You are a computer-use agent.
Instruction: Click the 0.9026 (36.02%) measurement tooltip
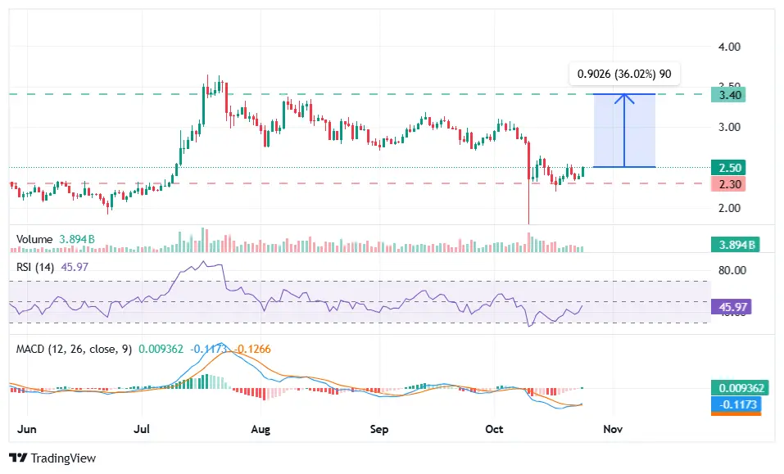[624, 74]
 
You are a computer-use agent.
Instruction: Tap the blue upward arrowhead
[624, 98]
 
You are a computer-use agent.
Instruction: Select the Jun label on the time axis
[26, 429]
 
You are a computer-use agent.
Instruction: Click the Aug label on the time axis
[261, 429]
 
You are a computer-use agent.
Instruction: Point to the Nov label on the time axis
[613, 429]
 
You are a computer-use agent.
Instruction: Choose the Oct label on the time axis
[494, 429]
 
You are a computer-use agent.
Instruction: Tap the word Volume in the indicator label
[34, 239]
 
